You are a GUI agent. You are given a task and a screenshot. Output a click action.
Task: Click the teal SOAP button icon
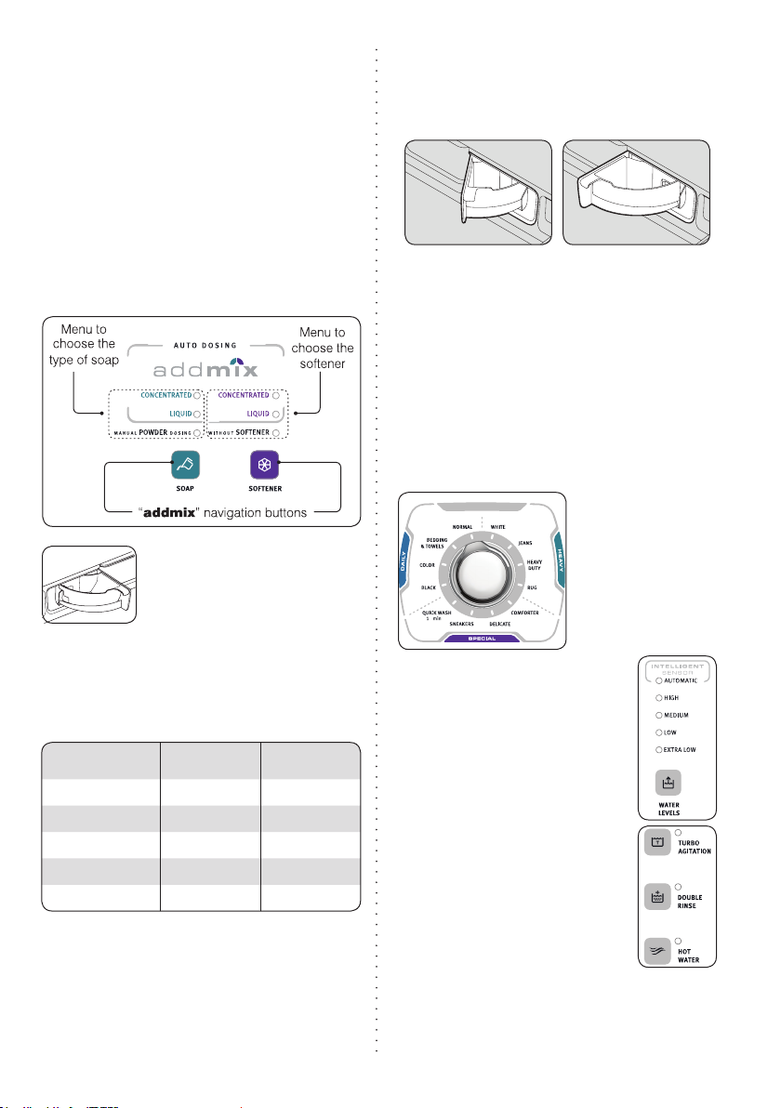coord(186,464)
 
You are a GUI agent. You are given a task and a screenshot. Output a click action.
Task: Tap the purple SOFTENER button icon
coord(263,464)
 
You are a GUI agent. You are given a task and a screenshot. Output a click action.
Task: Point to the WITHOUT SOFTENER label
coord(243,433)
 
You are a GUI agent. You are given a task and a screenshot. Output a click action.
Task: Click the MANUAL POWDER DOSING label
coord(149,433)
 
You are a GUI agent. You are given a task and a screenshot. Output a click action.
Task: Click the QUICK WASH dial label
coord(436,614)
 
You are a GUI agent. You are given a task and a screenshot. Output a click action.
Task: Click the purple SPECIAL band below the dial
coord(481,640)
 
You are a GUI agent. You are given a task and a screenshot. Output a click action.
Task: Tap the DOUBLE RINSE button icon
coord(657,898)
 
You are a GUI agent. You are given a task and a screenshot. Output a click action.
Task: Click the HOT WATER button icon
coord(657,953)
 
